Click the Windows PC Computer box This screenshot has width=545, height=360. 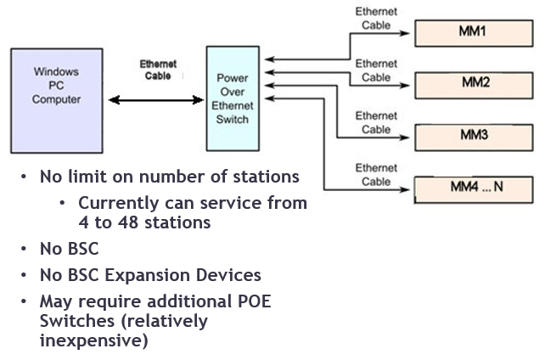coord(55,100)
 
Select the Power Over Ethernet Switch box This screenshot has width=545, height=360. coord(233,98)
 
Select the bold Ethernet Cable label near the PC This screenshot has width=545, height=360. coord(157,70)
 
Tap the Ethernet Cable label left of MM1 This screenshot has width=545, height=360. coord(376,19)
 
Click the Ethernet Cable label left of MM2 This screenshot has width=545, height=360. coord(376,70)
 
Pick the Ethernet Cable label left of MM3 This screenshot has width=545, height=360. coord(376,122)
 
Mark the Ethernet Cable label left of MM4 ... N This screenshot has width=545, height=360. coord(376,174)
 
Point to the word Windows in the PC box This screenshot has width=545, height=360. coord(56,72)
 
